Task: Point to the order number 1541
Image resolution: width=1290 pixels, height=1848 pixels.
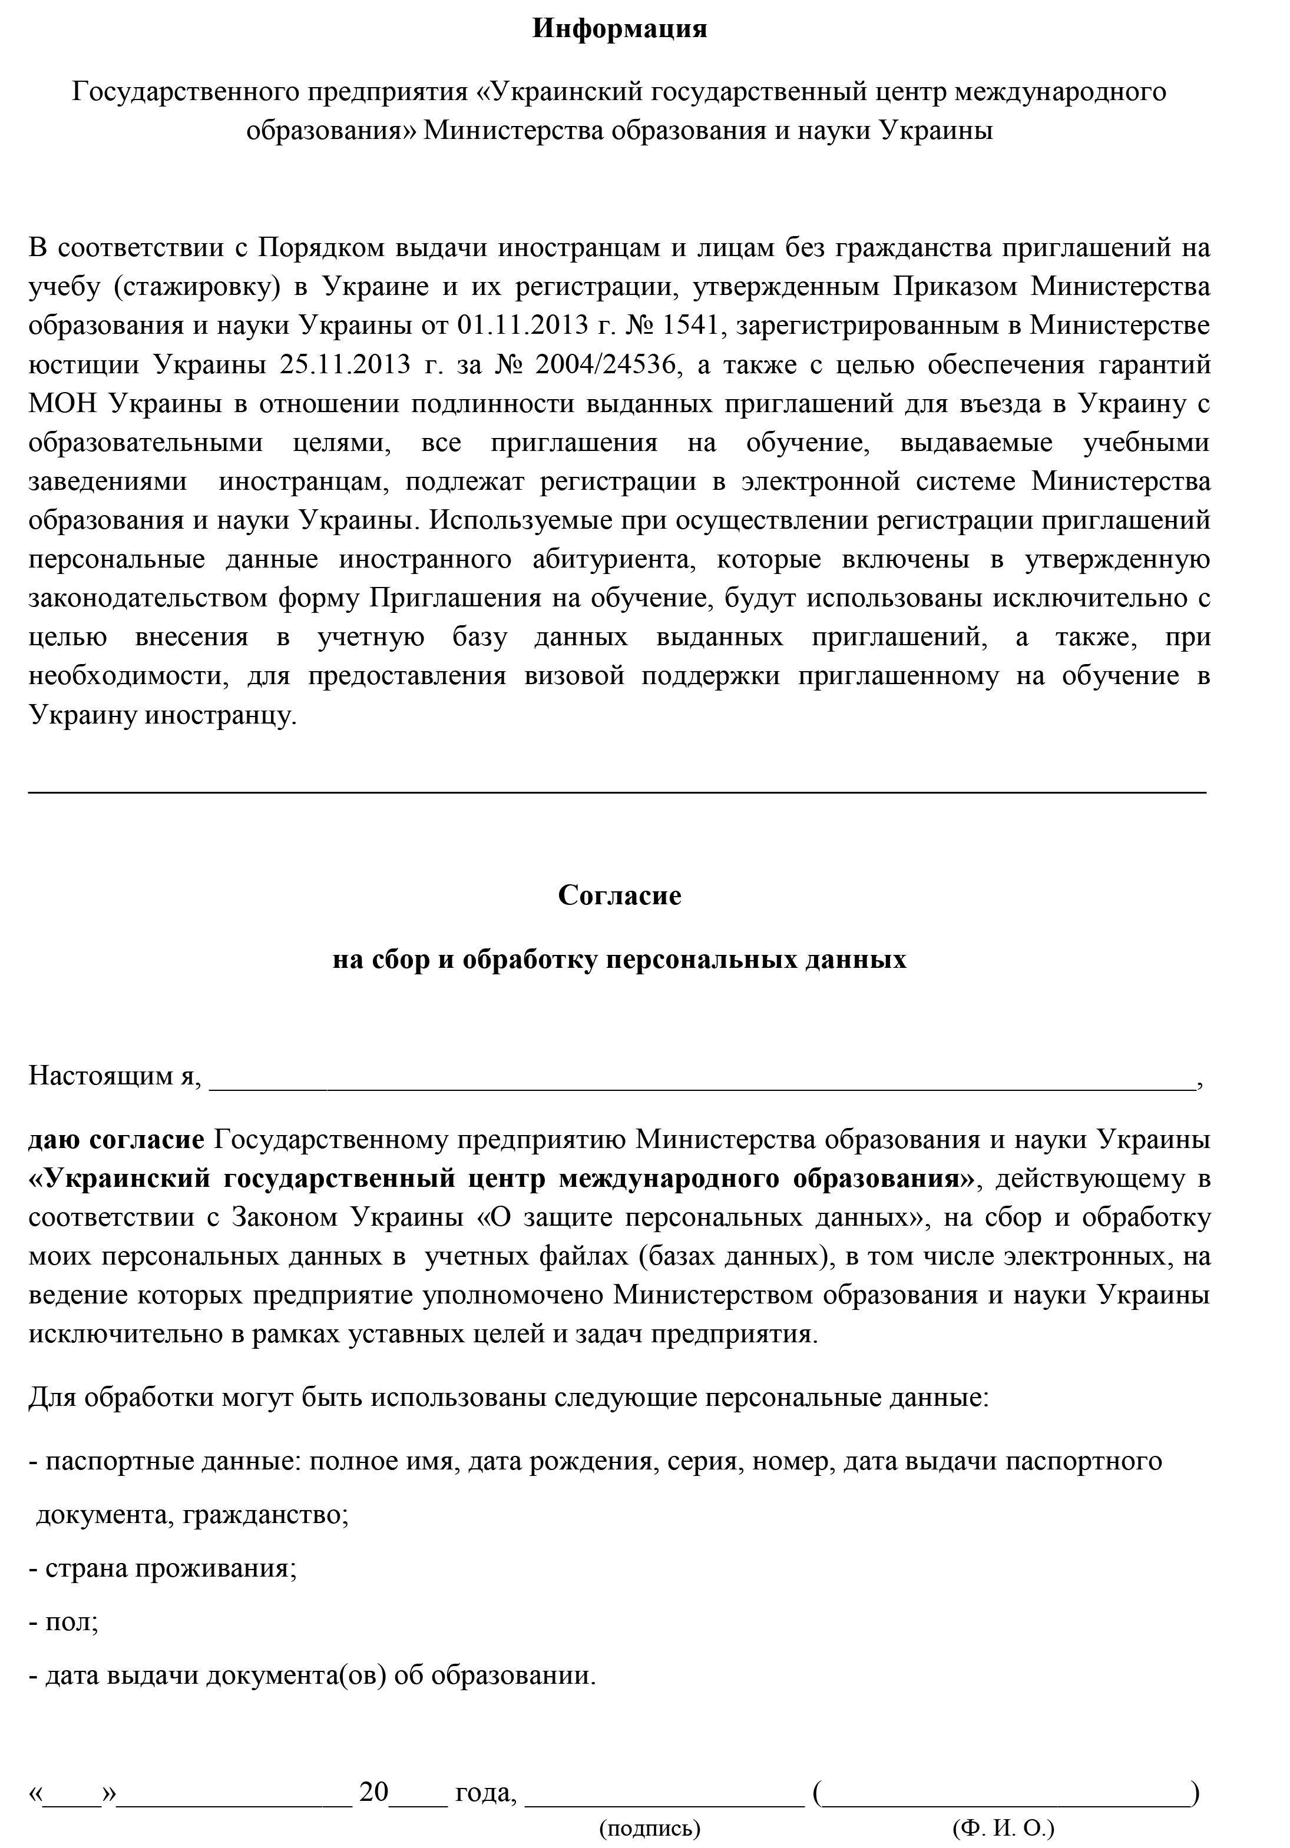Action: click(x=689, y=326)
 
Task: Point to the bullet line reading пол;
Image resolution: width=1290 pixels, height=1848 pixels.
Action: click(x=64, y=1622)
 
